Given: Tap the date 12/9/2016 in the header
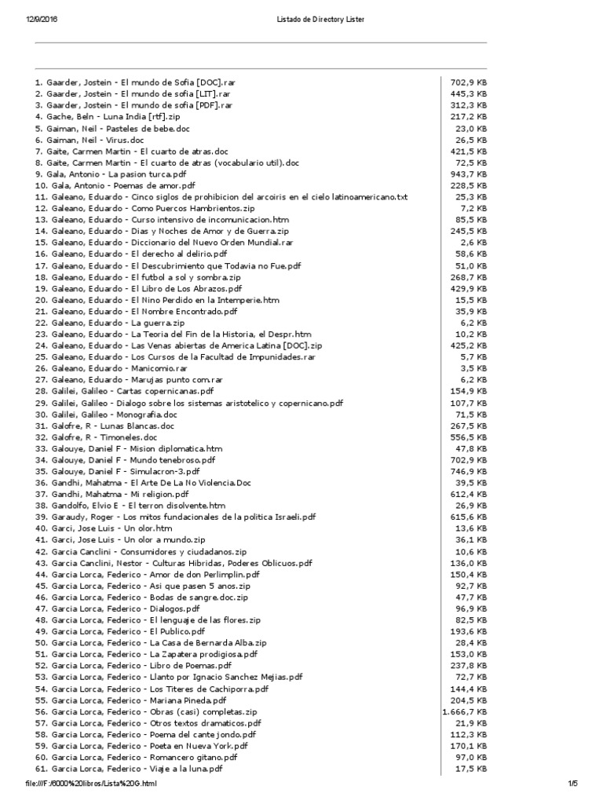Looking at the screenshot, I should point(32,18).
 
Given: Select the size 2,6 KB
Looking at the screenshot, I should point(473,242).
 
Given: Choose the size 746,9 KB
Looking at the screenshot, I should point(469,471).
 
